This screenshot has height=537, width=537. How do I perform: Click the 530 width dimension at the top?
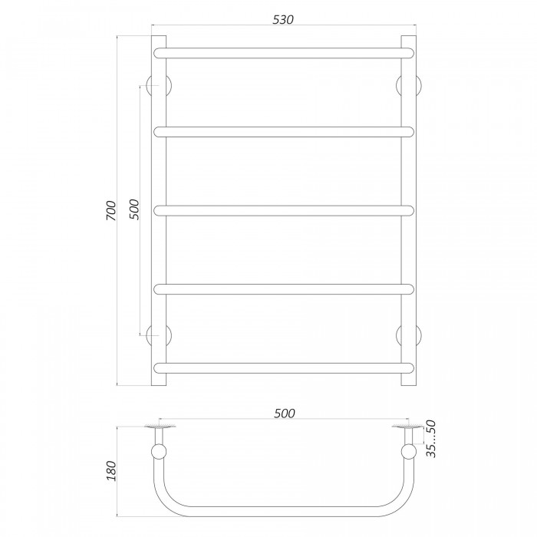[x=283, y=19]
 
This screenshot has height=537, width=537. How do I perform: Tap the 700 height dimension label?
[x=111, y=211]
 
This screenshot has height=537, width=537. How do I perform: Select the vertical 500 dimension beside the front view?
[x=134, y=209]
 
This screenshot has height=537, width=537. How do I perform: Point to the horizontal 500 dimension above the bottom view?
[x=285, y=413]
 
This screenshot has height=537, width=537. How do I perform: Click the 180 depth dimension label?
[x=111, y=471]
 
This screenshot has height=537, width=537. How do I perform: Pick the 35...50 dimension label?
[x=431, y=439]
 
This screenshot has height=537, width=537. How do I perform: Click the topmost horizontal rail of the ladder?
[x=284, y=53]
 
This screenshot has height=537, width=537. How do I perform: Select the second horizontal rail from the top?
[x=284, y=132]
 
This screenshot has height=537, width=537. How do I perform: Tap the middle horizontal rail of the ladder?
[x=284, y=211]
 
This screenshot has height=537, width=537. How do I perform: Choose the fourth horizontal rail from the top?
[x=284, y=289]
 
